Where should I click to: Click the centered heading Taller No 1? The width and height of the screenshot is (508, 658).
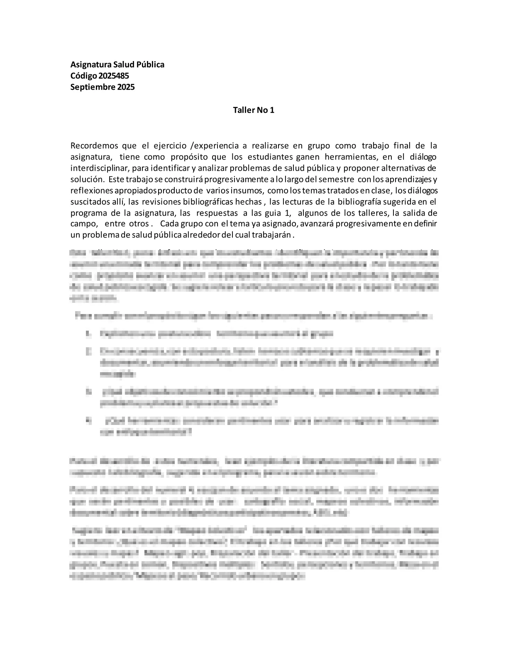click(x=254, y=110)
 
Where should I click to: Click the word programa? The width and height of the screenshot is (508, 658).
click(x=88, y=213)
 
